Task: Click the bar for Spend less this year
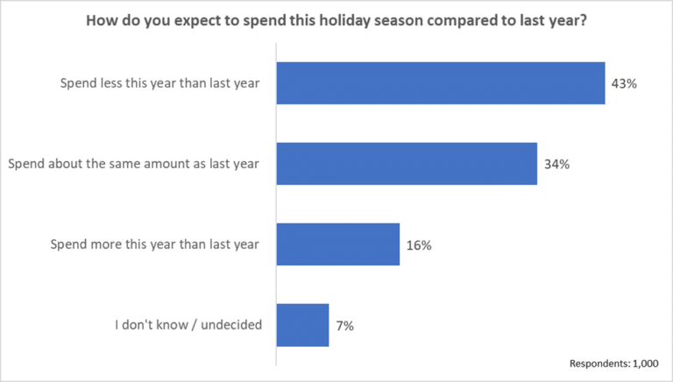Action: (x=441, y=83)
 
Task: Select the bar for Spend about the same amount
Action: (x=407, y=164)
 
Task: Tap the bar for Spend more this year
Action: (x=338, y=244)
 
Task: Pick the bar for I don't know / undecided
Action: (x=302, y=325)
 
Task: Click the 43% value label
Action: (x=623, y=84)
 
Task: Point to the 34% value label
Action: (x=556, y=165)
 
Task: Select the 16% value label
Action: (x=418, y=245)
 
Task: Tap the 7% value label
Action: (x=344, y=326)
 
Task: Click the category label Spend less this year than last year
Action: (x=159, y=84)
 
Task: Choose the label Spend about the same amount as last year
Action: (x=132, y=165)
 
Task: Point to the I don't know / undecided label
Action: (x=188, y=326)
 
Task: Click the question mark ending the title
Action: (x=583, y=23)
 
